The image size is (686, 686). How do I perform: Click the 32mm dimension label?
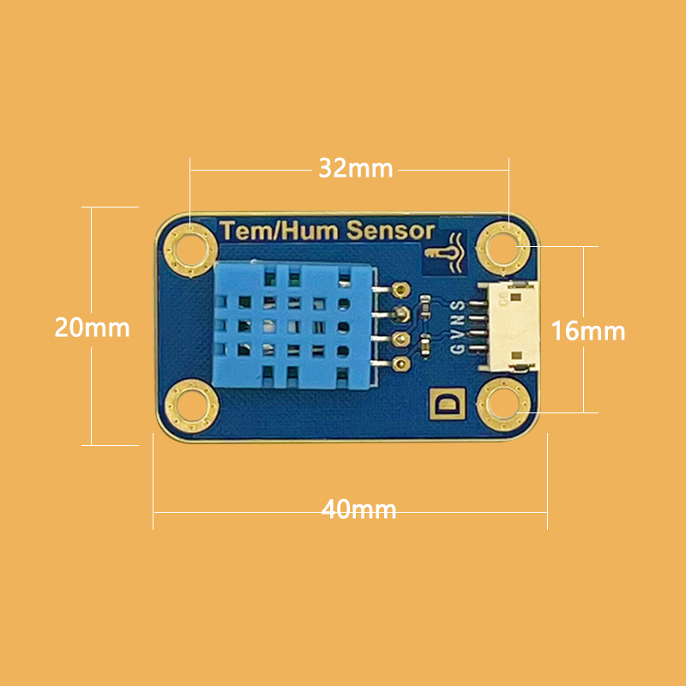[x=356, y=168]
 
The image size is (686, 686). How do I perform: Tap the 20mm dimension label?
[x=92, y=328]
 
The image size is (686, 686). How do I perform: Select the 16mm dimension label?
[x=588, y=331]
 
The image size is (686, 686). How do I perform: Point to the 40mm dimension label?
[x=358, y=509]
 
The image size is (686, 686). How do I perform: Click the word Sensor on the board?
[x=391, y=231]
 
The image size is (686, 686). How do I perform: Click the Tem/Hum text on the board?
[x=280, y=231]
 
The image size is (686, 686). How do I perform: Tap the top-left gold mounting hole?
[x=190, y=250]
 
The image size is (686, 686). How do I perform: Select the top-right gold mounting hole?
[x=503, y=249]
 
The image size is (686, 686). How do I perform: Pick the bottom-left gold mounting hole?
[x=191, y=406]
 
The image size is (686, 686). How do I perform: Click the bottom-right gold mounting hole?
[x=503, y=405]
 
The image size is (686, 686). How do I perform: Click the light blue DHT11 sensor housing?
[x=293, y=326]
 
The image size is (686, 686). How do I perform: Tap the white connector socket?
[x=510, y=327]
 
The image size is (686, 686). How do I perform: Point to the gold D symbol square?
[x=446, y=403]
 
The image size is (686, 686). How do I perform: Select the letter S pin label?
[x=457, y=305]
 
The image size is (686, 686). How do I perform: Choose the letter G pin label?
[x=457, y=349]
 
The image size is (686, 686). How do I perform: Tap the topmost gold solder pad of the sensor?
[x=400, y=288]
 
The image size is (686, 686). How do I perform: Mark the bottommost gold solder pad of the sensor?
[x=400, y=363]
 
